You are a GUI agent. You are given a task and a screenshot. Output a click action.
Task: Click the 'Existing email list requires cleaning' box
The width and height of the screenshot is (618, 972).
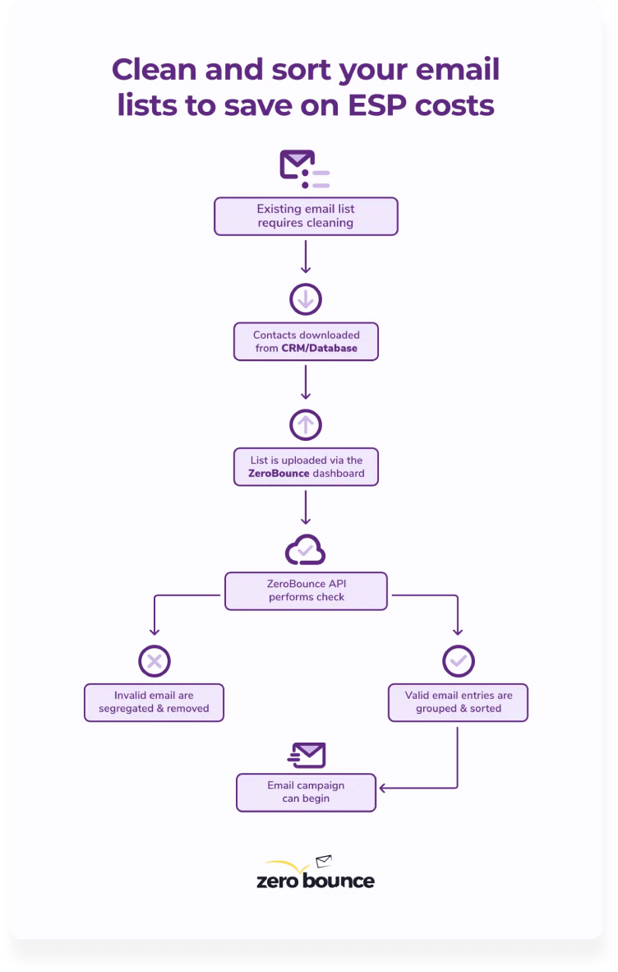(x=306, y=215)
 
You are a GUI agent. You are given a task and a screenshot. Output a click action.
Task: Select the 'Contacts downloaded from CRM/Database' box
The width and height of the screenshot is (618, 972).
(x=306, y=341)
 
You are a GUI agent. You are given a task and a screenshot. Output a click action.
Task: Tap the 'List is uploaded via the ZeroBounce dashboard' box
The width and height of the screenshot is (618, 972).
(x=306, y=467)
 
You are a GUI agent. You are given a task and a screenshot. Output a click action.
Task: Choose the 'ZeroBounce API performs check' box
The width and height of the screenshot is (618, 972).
(x=306, y=590)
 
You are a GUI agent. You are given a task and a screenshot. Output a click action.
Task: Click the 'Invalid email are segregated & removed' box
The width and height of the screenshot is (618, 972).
(x=154, y=702)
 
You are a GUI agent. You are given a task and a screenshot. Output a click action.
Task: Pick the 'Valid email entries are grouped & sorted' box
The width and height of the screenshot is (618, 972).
(x=458, y=702)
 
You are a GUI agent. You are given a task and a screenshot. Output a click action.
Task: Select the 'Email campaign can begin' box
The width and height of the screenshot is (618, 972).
(x=306, y=792)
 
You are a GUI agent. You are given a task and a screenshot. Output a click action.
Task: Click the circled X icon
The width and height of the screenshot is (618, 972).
(x=154, y=660)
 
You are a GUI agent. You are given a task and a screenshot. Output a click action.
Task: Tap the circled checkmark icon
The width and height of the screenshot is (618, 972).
(x=458, y=660)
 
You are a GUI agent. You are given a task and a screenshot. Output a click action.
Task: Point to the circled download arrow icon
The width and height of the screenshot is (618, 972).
(x=306, y=299)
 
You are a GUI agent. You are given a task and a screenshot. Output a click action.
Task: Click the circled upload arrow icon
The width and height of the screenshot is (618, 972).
(x=306, y=425)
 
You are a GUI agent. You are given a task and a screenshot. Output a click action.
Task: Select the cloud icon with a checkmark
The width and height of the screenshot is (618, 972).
(x=305, y=549)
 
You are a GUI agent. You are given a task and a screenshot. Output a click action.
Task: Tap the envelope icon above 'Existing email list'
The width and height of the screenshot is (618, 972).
(x=298, y=164)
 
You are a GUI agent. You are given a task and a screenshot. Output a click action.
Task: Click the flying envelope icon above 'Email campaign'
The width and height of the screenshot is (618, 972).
(x=307, y=755)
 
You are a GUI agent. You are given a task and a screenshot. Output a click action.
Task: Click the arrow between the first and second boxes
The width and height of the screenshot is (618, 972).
(x=306, y=257)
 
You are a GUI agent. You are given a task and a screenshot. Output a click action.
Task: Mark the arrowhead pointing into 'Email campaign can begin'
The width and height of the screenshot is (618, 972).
(x=383, y=789)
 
